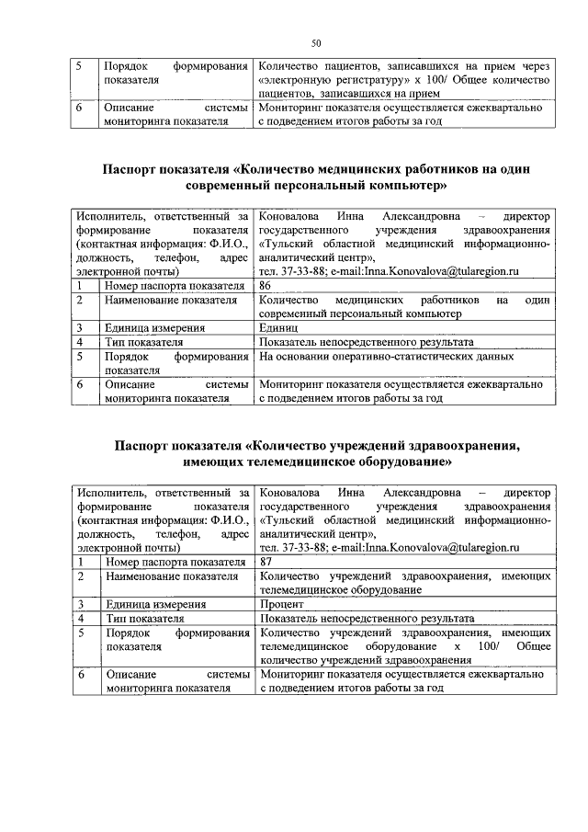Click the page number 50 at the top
[x=315, y=43]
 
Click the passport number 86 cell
[x=267, y=286]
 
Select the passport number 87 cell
[x=267, y=561]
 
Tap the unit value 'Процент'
[x=283, y=604]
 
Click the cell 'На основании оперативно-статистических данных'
[x=386, y=356]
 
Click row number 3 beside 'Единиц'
[x=81, y=327]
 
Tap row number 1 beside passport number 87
[x=81, y=561]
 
